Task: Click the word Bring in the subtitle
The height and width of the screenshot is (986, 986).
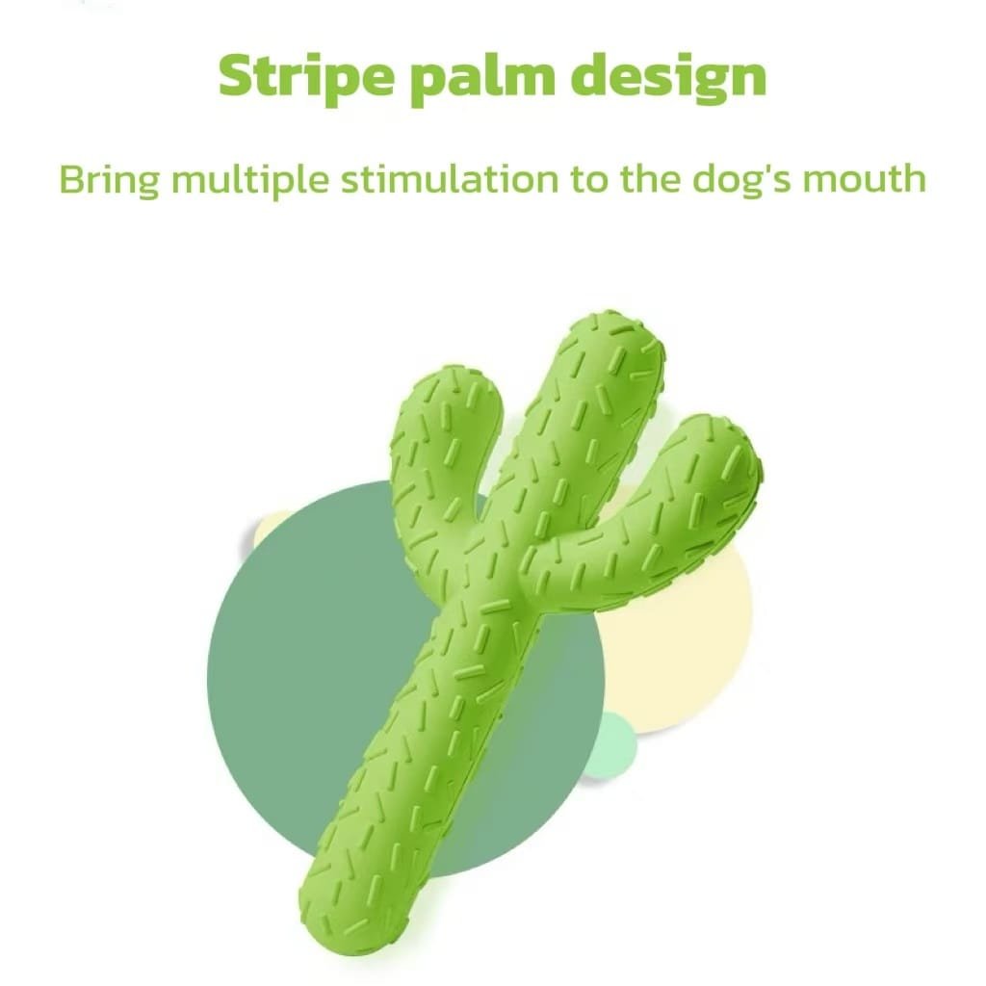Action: [110, 180]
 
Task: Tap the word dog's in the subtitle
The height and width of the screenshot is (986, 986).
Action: [742, 180]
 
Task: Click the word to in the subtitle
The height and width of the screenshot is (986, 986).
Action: [590, 180]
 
